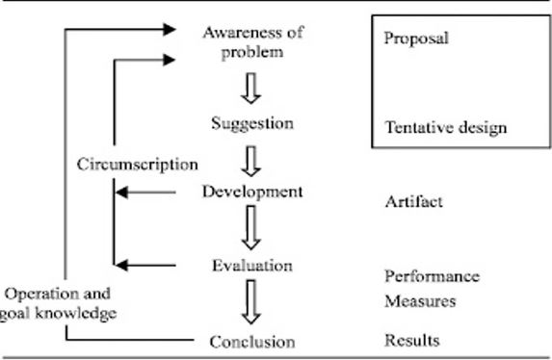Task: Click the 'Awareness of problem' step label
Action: (x=252, y=41)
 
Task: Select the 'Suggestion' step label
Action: (x=252, y=124)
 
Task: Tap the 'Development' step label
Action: (x=252, y=192)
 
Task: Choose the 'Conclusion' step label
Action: (x=252, y=342)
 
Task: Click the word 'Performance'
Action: (x=431, y=276)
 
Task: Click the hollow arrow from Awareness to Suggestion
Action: (x=252, y=89)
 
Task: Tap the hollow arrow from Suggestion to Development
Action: (x=252, y=159)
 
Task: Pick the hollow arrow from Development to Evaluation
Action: (x=252, y=228)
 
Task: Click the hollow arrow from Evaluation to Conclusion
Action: (x=252, y=301)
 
